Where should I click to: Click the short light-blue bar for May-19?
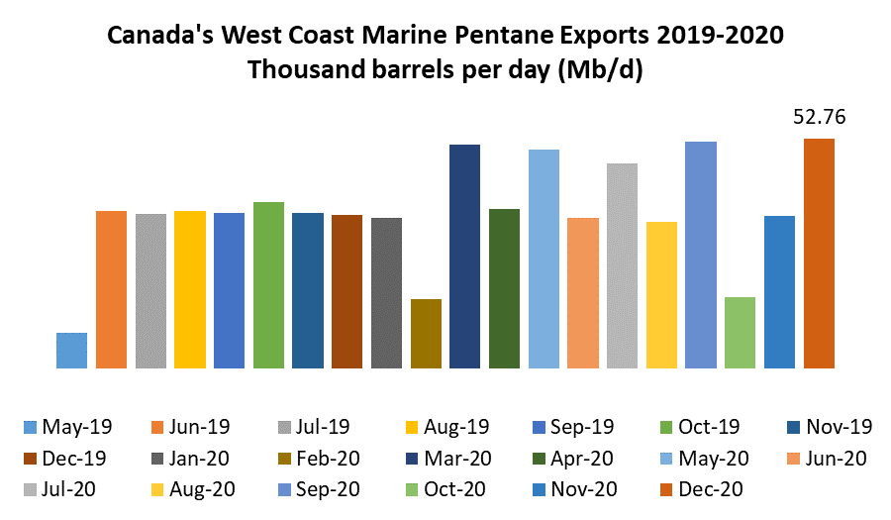71,351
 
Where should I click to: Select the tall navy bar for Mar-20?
464,257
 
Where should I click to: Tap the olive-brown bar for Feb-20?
426,334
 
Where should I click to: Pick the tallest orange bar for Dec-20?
819,254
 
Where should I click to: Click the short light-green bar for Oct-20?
740,333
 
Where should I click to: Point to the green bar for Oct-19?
268,285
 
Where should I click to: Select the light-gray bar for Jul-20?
622,265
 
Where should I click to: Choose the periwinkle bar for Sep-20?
700,256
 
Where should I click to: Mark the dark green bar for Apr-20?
504,288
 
